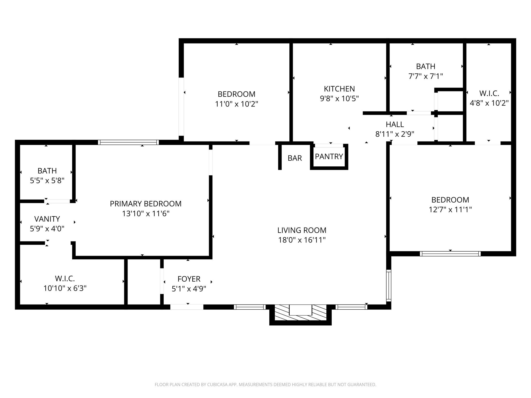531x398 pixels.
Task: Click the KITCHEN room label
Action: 339,89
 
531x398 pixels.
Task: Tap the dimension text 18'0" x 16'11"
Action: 302,240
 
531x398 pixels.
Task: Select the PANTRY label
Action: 329,157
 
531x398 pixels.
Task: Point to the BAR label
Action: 295,158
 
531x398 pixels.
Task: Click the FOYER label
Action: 189,279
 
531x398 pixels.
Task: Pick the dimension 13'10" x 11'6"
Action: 146,214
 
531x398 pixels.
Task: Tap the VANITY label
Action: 47,219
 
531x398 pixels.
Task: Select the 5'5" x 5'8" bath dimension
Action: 47,181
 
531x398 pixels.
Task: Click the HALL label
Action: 395,125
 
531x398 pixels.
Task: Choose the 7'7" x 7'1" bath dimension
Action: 425,76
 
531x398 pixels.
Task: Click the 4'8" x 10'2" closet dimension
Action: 489,103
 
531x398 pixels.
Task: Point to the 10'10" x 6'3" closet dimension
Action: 65,288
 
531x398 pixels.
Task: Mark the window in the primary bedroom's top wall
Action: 128,142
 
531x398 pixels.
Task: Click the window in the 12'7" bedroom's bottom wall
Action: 450,254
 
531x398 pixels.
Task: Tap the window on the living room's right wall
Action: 388,285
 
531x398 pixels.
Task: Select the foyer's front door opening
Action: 187,307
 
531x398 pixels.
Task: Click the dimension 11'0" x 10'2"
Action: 236,104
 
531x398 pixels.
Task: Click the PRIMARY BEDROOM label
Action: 146,204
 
